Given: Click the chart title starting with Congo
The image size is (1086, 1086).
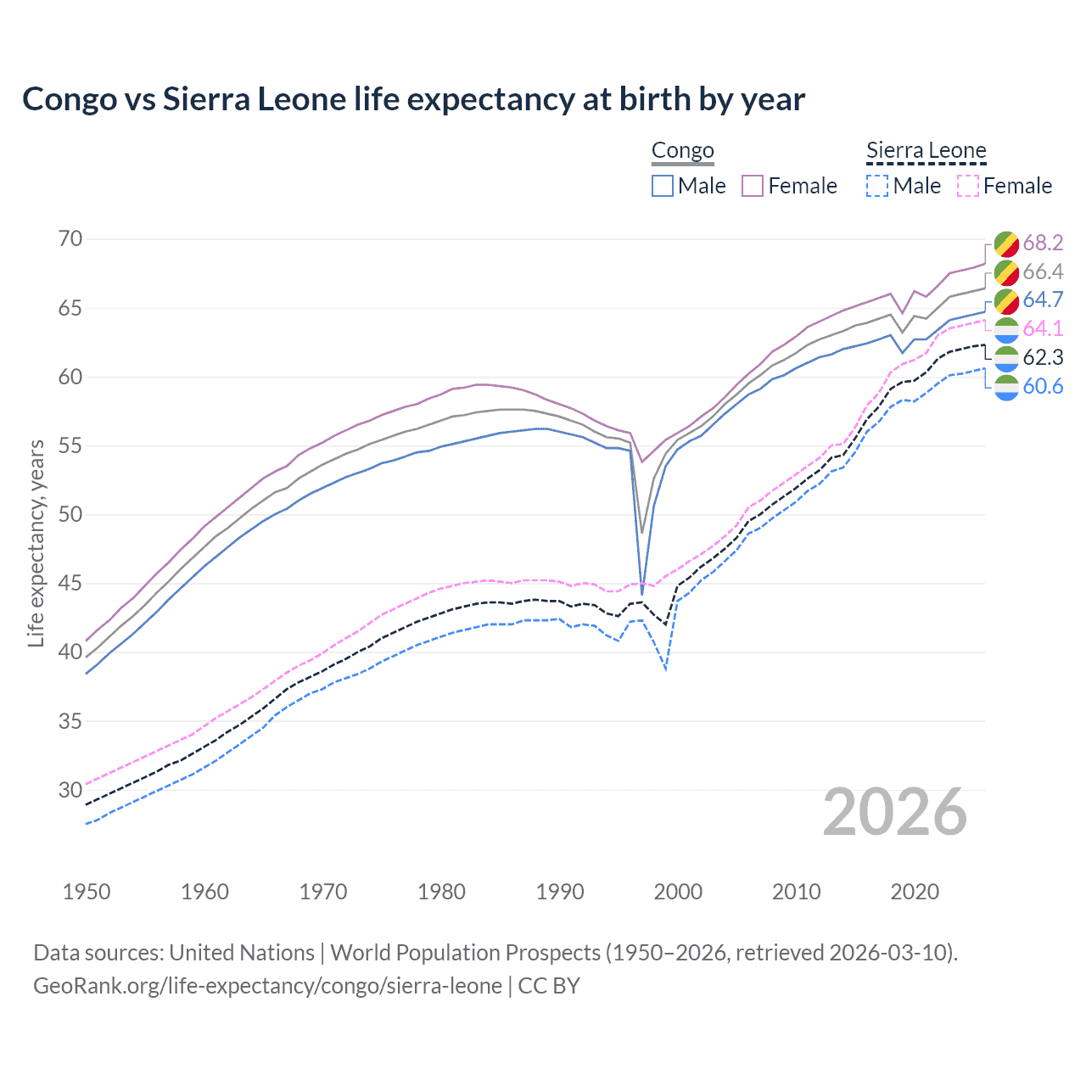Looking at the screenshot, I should pyautogui.click(x=413, y=99).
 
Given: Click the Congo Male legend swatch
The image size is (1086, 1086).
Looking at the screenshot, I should pyautogui.click(x=663, y=186).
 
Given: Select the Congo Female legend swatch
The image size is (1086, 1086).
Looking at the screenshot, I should pyautogui.click(x=753, y=186).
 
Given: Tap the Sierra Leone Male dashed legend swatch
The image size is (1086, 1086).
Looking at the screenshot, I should pyautogui.click(x=877, y=186).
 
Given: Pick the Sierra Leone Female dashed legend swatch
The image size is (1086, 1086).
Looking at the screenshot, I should pyautogui.click(x=967, y=186).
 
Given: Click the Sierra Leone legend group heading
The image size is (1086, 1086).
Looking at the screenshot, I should pyautogui.click(x=926, y=151).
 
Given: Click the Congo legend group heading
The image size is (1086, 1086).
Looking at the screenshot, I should pyautogui.click(x=682, y=151).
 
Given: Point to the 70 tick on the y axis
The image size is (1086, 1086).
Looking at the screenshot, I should pyautogui.click(x=70, y=239).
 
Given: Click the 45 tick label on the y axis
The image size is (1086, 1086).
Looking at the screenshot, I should pyautogui.click(x=70, y=584).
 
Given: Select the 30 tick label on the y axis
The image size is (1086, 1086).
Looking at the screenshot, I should pyautogui.click(x=70, y=790).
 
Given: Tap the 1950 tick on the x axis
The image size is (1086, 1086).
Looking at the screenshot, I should pyautogui.click(x=87, y=892).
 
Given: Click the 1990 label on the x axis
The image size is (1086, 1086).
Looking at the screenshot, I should pyautogui.click(x=560, y=892).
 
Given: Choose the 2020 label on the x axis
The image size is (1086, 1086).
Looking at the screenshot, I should pyautogui.click(x=915, y=892).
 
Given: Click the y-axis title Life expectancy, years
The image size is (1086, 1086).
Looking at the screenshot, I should pyautogui.click(x=36, y=543).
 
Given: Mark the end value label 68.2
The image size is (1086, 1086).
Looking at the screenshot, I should pyautogui.click(x=1043, y=244).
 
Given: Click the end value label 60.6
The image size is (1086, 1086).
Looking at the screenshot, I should pyautogui.click(x=1043, y=387).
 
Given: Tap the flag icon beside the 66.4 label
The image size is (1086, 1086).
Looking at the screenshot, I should pyautogui.click(x=1006, y=272).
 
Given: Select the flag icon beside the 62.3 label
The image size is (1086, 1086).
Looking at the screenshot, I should pyautogui.click(x=1006, y=358).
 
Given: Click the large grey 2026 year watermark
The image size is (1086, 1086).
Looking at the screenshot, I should pyautogui.click(x=895, y=812).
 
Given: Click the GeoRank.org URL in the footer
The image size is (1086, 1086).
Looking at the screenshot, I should pyautogui.click(x=267, y=986).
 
